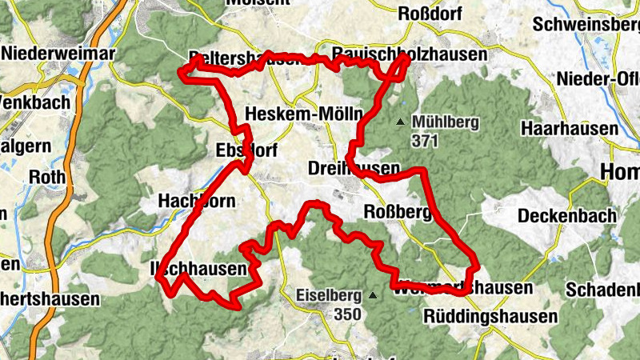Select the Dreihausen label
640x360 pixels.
pos(354,169)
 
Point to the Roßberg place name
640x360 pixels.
pos(398,212)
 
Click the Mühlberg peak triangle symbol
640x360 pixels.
pos(400,122)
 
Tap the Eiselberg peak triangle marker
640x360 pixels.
pos(372,295)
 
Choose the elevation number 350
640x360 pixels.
pos(347,314)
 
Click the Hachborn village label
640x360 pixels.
pos(198,200)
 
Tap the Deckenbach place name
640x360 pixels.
pos(567,215)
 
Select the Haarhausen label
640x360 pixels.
pos(570,128)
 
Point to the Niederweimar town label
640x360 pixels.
pos(59,53)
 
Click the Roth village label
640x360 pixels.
pos(46,177)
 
